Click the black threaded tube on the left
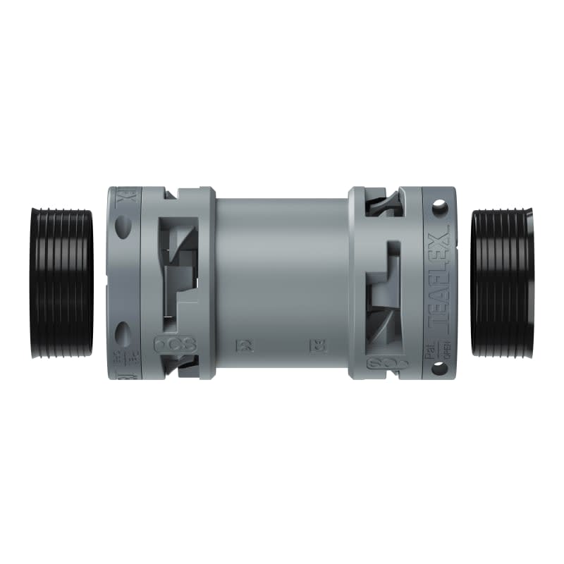click(x=63, y=283)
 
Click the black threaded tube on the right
click(x=501, y=282)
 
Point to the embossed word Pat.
click(x=429, y=350)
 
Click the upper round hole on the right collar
click(x=439, y=208)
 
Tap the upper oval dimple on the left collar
click(x=123, y=226)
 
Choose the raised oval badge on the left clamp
click(x=175, y=345)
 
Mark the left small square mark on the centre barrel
click(x=238, y=345)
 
